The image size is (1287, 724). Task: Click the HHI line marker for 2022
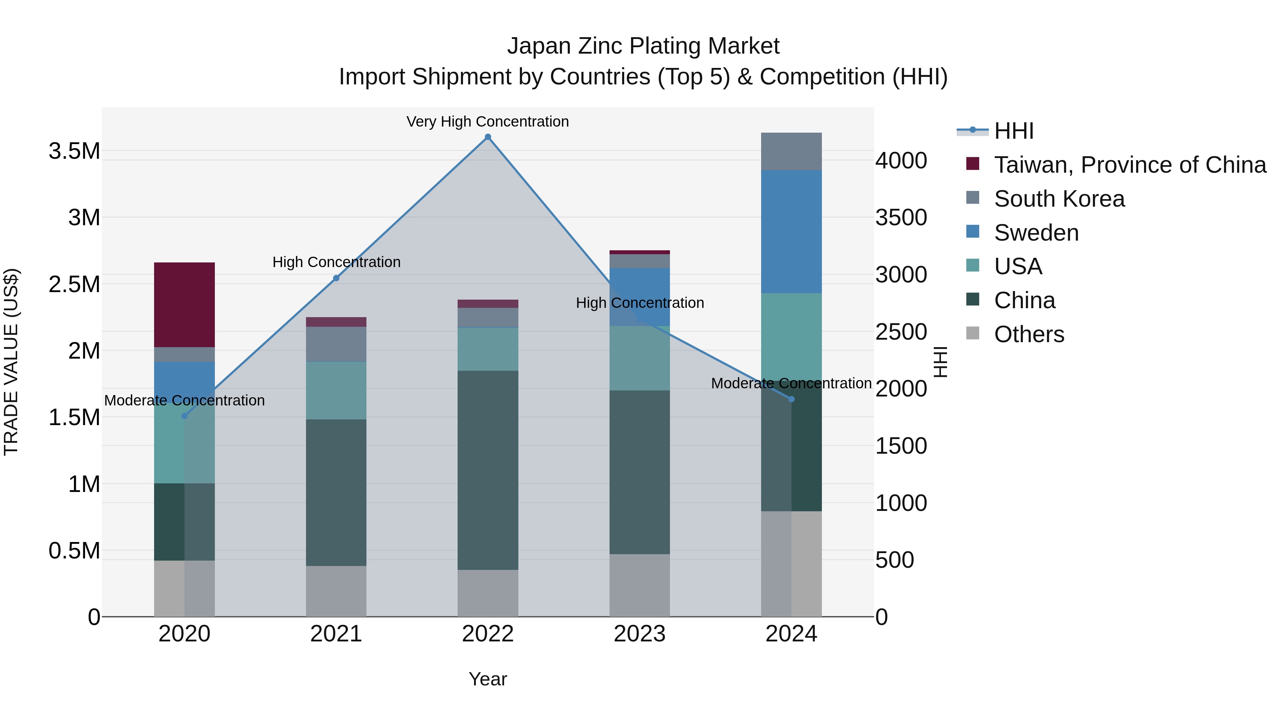[x=488, y=137]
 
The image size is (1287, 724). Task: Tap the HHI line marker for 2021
[x=336, y=278]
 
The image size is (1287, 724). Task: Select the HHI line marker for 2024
[x=791, y=399]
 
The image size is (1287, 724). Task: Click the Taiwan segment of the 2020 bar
[x=184, y=304]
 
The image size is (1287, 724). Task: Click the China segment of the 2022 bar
[x=488, y=470]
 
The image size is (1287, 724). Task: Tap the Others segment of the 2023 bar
[x=640, y=585]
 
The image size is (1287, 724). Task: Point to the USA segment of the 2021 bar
[x=336, y=390]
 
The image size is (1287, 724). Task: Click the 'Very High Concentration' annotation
[x=488, y=122]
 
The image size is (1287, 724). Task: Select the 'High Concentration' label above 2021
[x=336, y=262]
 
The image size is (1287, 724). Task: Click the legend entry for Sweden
[x=1036, y=233]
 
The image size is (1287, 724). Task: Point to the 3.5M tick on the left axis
[x=74, y=151]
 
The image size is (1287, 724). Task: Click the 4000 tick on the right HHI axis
[x=901, y=161]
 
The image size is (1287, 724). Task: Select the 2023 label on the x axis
[x=640, y=634]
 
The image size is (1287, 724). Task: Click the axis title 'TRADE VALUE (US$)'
[x=11, y=362]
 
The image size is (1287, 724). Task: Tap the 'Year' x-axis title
[x=488, y=679]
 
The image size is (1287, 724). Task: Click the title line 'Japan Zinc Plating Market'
[x=643, y=46]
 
